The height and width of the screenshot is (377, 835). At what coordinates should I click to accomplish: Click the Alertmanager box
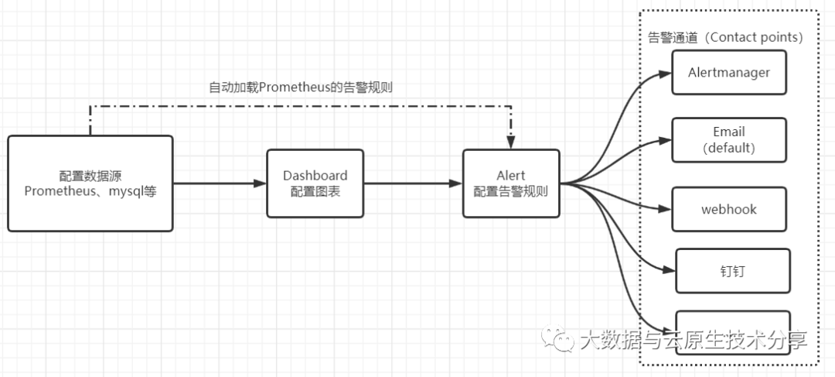729,72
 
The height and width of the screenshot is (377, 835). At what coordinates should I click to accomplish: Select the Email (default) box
729,140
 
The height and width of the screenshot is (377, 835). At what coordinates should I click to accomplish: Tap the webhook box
729,209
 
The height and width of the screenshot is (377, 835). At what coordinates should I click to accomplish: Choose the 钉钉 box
732,271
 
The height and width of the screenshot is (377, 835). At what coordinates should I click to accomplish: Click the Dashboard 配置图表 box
315,183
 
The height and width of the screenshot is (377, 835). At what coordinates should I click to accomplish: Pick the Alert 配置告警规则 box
510,183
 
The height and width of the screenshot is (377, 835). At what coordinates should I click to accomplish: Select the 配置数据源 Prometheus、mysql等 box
90,183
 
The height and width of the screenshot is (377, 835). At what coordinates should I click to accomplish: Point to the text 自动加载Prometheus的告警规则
301,87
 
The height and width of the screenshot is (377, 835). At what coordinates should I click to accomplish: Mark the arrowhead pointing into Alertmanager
666,74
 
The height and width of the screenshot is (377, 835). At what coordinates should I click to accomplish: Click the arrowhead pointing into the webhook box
666,209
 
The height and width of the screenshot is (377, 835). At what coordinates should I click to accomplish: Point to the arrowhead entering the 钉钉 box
670,270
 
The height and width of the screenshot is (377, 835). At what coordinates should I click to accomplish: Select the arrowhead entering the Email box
666,141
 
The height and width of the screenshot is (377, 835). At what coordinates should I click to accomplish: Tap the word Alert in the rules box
511,176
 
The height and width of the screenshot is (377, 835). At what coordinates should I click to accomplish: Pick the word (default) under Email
729,147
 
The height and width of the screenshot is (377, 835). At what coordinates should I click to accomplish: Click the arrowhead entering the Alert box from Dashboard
456,183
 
